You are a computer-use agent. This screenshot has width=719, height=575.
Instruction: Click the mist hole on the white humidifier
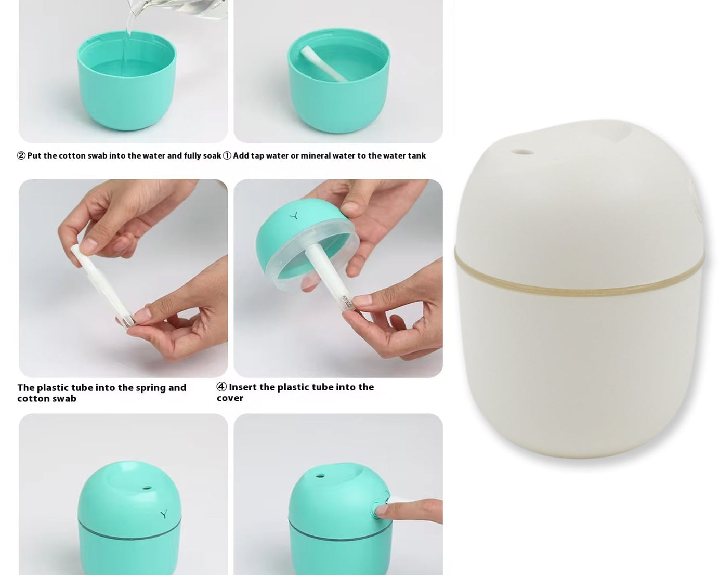point(522,153)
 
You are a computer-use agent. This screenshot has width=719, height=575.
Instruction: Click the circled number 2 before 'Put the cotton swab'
point(21,156)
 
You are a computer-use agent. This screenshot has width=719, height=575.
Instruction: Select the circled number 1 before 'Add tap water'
point(227,156)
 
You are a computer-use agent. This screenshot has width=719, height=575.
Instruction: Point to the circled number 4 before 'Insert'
point(221,387)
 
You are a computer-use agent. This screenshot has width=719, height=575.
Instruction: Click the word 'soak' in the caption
point(212,156)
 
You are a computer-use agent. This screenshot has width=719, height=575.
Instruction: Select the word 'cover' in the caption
point(230,398)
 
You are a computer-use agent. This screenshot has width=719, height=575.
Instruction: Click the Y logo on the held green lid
point(294,215)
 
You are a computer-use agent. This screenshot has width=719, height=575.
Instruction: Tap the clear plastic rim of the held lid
point(312,270)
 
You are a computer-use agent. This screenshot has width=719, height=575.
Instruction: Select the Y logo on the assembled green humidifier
point(164,514)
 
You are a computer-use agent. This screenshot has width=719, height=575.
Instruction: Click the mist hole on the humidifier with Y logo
point(147,488)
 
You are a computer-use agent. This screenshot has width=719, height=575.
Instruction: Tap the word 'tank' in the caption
point(416,156)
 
